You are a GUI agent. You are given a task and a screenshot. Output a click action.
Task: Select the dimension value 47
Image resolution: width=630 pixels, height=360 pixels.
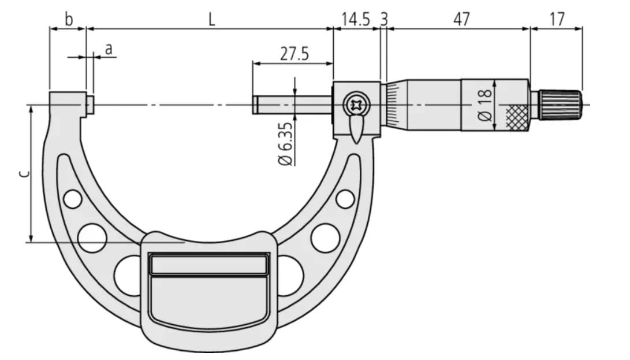(460, 19)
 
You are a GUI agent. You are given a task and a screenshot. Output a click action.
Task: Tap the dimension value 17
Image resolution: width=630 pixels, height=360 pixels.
(557, 19)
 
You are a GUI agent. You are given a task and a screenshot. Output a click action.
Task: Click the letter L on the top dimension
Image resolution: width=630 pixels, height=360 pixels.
(212, 20)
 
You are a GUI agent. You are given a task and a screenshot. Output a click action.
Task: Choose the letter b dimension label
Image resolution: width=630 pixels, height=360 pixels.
(68, 19)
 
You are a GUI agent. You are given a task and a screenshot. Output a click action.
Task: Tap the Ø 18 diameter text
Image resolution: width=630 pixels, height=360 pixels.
(485, 104)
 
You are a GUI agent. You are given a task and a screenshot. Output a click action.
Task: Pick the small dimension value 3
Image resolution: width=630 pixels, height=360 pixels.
(384, 19)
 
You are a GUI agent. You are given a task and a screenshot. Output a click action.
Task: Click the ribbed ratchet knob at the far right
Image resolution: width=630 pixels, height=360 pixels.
(561, 105)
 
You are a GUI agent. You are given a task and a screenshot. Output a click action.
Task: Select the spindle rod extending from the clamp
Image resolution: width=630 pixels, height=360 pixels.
(292, 105)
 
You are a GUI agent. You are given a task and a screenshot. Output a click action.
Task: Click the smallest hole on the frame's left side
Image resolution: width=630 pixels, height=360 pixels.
(73, 199)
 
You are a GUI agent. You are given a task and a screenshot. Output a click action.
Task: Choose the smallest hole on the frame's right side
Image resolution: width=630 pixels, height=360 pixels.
(345, 199)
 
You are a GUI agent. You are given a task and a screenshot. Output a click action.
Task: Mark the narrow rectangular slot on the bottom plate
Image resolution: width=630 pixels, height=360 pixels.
(208, 265)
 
